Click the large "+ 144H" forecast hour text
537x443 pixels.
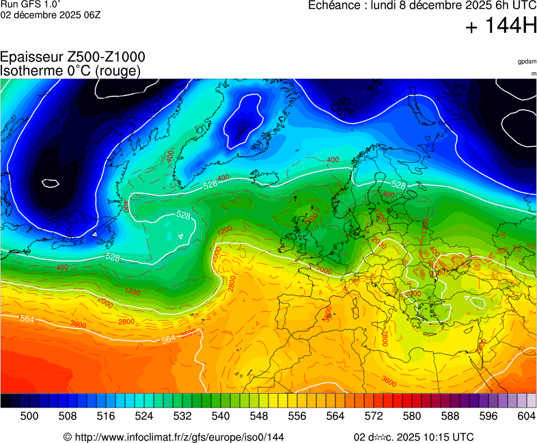click(501, 27)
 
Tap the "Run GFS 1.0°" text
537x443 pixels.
click(31, 4)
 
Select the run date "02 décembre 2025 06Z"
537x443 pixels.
click(51, 14)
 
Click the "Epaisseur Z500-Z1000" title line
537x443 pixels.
click(72, 57)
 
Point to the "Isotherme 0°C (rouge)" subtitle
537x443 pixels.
click(71, 70)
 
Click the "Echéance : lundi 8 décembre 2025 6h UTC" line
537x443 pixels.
click(422, 5)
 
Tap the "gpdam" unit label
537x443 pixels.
click(527, 62)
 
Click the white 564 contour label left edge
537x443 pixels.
click(27, 319)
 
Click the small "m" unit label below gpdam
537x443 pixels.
click(533, 73)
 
